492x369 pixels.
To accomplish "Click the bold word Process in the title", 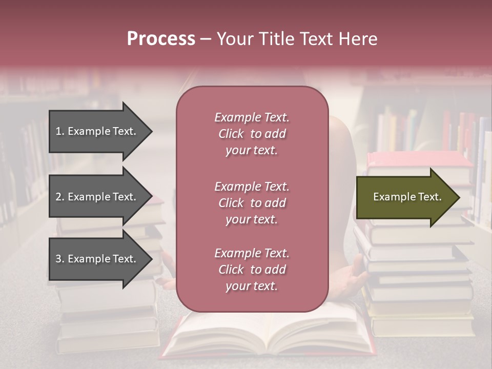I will point(161,39).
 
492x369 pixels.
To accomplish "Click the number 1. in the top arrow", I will point(59,131).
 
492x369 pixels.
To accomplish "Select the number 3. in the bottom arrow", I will point(59,259).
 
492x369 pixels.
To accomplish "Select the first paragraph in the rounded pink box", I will point(252,134).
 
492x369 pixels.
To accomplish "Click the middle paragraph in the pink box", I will point(252,203).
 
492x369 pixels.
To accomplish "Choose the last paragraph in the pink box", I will point(252,270).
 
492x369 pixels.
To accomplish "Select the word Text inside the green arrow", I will point(430,197).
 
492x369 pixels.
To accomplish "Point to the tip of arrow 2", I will point(151,197).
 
